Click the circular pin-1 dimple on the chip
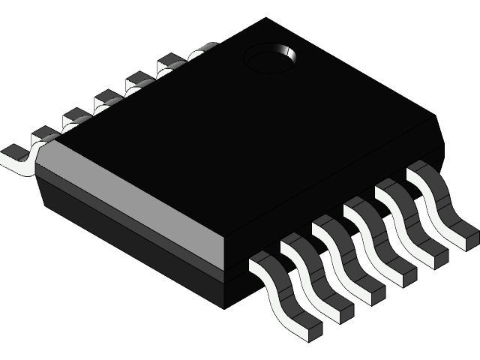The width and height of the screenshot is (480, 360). click(270, 58)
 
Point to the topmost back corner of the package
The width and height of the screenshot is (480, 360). click(266, 20)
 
